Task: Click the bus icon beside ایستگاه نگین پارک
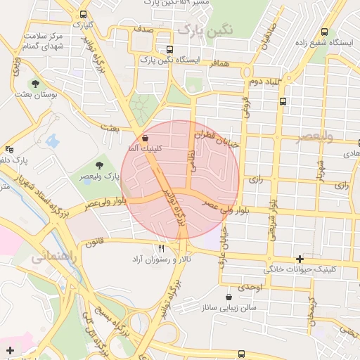point(169,50)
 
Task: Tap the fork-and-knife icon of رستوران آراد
point(162,248)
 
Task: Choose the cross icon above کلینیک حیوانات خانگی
point(301,259)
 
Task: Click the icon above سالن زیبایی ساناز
point(229,297)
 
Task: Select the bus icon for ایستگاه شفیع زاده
point(324,32)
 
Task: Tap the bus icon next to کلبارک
point(84,14)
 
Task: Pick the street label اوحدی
point(250,288)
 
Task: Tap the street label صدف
point(142,31)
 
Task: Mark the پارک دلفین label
point(25,160)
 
